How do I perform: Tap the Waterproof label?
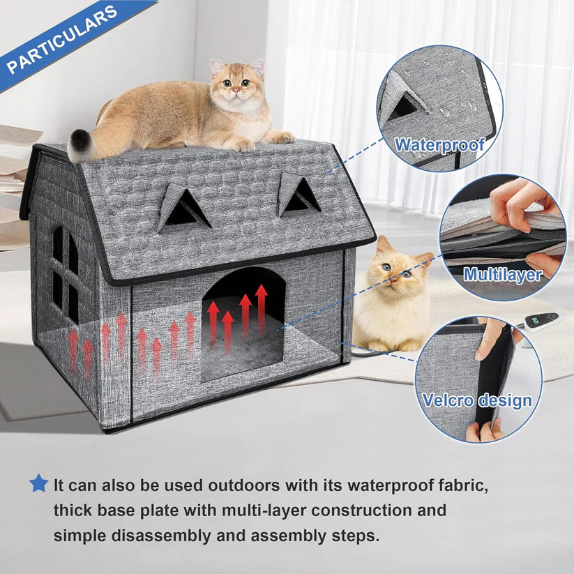(x=439, y=145)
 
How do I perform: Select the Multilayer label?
(x=502, y=274)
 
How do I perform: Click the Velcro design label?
(x=477, y=400)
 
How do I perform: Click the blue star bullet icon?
(x=38, y=483)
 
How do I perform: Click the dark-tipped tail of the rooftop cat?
(x=79, y=145)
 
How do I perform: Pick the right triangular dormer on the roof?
(x=299, y=195)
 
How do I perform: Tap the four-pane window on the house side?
(x=65, y=273)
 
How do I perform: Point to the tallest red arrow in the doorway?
(x=261, y=308)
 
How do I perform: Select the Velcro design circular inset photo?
(x=478, y=377)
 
